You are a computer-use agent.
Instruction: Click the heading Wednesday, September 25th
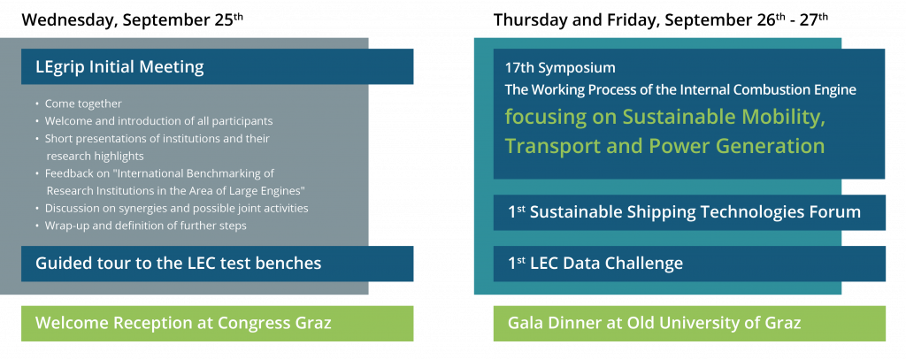tap(133, 19)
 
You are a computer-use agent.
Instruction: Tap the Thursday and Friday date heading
tap(661, 19)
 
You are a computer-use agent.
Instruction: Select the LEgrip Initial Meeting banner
tap(218, 66)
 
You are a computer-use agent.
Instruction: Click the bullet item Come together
tap(83, 104)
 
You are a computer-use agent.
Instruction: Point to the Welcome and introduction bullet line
tap(159, 121)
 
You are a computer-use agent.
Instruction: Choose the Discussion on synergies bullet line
tap(176, 208)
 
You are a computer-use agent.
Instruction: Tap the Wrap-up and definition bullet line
tap(146, 226)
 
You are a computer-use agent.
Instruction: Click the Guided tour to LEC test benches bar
tap(218, 264)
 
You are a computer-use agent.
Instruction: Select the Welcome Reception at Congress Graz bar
tap(218, 323)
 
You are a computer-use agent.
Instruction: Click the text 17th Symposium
tap(560, 67)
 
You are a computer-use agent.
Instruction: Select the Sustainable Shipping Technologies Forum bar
tap(689, 212)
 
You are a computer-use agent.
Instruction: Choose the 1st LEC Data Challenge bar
tap(689, 264)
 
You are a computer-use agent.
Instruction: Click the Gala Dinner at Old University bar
tap(689, 323)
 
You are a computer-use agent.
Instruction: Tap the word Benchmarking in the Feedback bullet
tap(237, 173)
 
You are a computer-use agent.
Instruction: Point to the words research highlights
tap(96, 156)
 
